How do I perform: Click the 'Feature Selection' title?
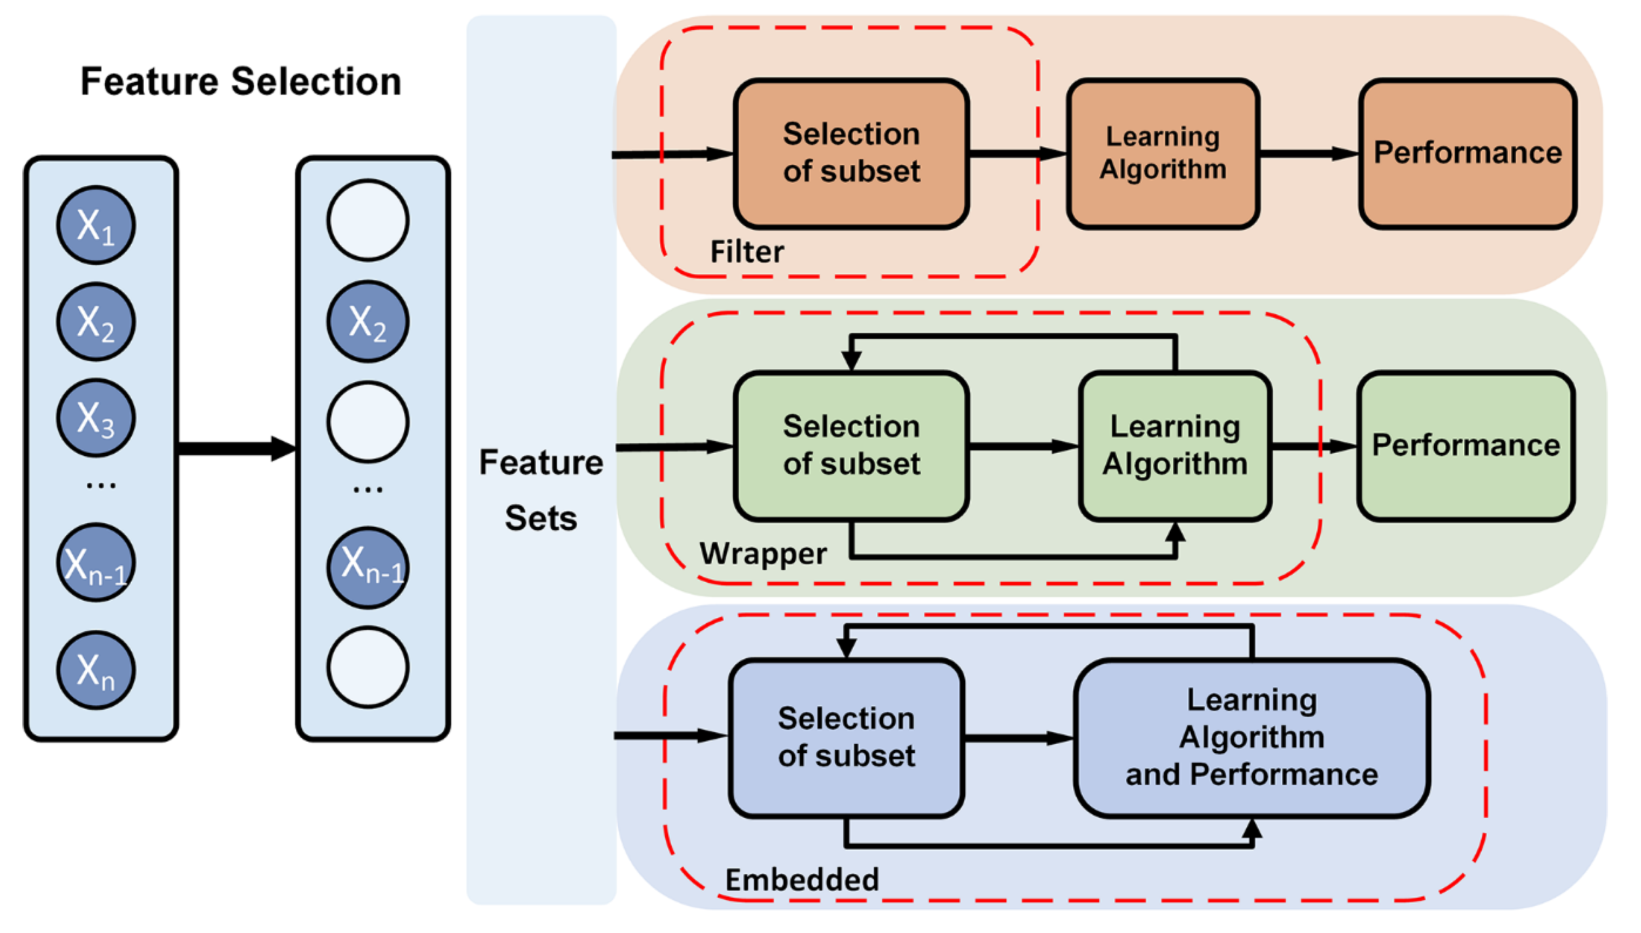coord(241,82)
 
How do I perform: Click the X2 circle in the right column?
coord(368,321)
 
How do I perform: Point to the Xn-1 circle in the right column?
coord(368,567)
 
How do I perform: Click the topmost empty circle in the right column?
coord(368,220)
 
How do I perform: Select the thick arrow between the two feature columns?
coord(237,448)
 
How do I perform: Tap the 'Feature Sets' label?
coord(541,490)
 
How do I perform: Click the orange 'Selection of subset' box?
coord(851,154)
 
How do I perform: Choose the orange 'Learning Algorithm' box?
coord(1163,154)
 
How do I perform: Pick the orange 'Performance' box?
coord(1467,154)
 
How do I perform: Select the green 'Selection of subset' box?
coord(851,446)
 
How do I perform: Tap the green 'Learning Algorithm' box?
coord(1175,446)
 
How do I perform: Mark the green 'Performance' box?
coord(1466,446)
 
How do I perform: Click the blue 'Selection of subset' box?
coord(846,737)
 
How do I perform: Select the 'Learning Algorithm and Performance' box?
coord(1252,737)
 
